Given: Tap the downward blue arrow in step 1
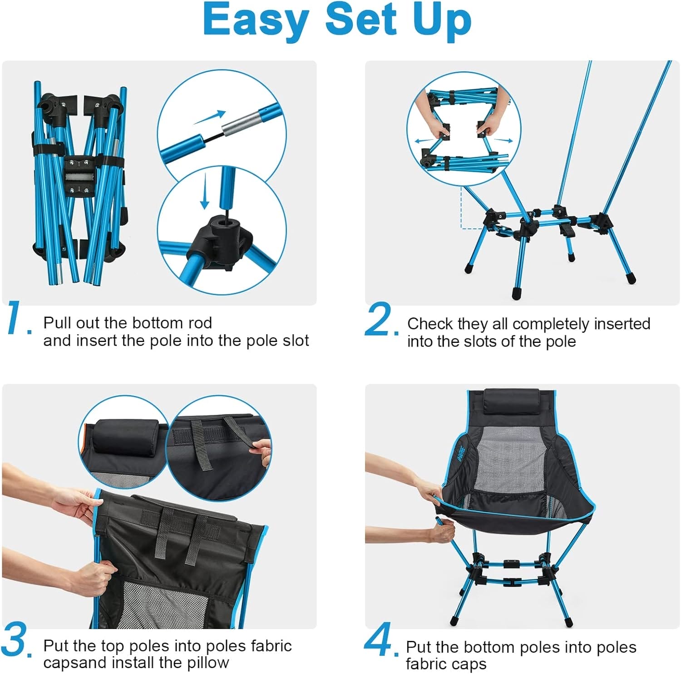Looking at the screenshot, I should [x=205, y=190].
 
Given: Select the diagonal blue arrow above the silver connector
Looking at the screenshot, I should [x=210, y=117].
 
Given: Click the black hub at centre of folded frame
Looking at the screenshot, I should [x=82, y=175].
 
